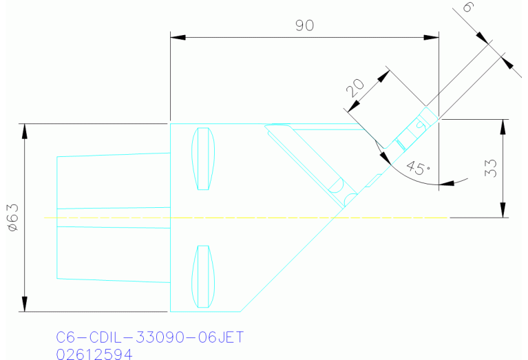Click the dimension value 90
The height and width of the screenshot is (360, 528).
tap(304, 25)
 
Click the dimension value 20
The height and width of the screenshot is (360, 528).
tap(355, 87)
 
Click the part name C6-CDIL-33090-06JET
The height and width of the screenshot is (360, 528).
tap(149, 338)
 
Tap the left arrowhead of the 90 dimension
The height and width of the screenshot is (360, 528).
tap(176, 36)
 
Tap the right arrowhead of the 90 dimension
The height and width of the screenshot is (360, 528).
tap(432, 36)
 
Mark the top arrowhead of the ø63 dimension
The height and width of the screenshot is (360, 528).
tap(25, 129)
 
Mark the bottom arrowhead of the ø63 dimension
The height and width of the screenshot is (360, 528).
tap(25, 306)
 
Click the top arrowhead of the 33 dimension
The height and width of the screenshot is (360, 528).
tap(503, 126)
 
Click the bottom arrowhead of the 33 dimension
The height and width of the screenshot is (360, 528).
tap(503, 211)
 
